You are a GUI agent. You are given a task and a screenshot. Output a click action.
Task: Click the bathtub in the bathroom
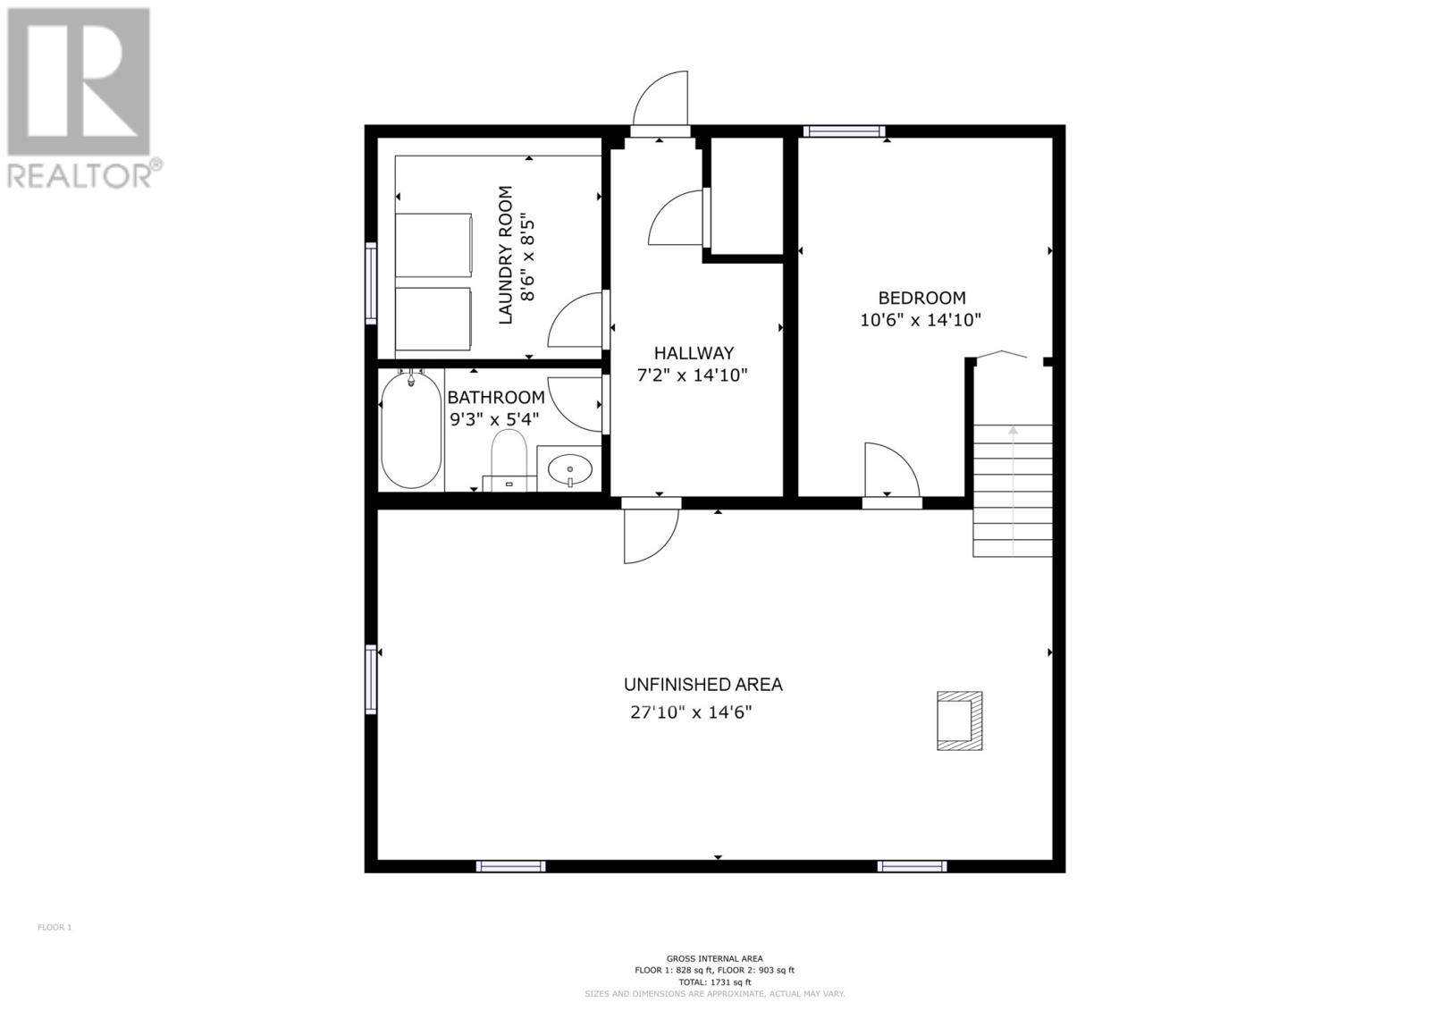(x=410, y=430)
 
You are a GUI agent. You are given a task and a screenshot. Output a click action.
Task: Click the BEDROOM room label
(x=921, y=299)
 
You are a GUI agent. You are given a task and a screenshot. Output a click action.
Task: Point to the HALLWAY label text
(x=694, y=353)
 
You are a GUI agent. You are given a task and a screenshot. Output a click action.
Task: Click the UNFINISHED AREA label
(x=702, y=685)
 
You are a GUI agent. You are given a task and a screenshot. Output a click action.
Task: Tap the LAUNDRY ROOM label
(x=506, y=255)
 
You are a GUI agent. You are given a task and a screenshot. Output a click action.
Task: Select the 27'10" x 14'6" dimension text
(x=691, y=712)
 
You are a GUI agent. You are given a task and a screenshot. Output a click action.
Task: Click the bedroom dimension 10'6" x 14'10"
(x=920, y=320)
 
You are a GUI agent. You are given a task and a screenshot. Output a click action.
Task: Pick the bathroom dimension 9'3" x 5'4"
(x=495, y=419)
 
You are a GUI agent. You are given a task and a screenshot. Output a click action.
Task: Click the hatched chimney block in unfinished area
(x=960, y=720)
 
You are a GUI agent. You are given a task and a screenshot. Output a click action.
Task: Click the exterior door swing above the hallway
(x=660, y=97)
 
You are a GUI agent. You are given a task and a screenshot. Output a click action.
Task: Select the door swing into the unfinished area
(x=652, y=535)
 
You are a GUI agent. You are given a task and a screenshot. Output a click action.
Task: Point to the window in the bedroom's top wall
(x=844, y=131)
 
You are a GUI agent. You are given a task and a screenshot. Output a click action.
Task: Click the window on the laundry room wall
(x=371, y=283)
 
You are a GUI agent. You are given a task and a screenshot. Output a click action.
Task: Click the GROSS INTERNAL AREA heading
(x=714, y=958)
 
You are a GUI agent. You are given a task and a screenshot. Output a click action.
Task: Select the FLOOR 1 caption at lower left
(x=55, y=927)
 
